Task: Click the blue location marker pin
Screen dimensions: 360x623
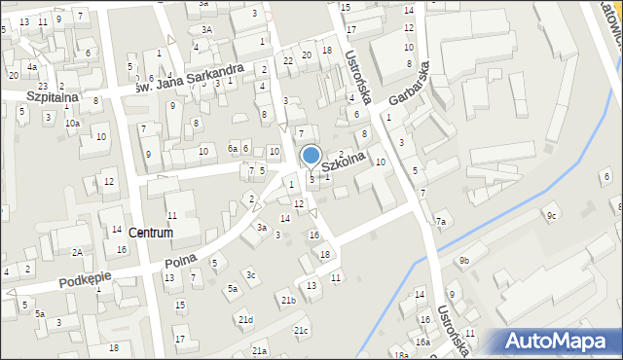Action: (x=311, y=156)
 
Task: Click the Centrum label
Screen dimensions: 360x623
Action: (x=150, y=234)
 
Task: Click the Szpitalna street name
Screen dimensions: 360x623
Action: (x=27, y=98)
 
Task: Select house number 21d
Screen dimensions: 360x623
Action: (x=245, y=320)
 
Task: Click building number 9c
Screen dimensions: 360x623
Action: (x=552, y=215)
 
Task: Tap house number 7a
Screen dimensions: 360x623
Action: (x=441, y=223)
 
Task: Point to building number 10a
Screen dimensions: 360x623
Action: (x=72, y=124)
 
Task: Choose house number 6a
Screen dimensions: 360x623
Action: (x=232, y=148)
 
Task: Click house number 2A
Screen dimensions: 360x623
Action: (x=77, y=252)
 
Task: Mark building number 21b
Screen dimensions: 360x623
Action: (x=288, y=301)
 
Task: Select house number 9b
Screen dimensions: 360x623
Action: (x=464, y=261)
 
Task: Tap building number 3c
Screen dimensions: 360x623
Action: (x=250, y=275)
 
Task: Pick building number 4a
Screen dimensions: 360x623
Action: (x=32, y=67)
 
